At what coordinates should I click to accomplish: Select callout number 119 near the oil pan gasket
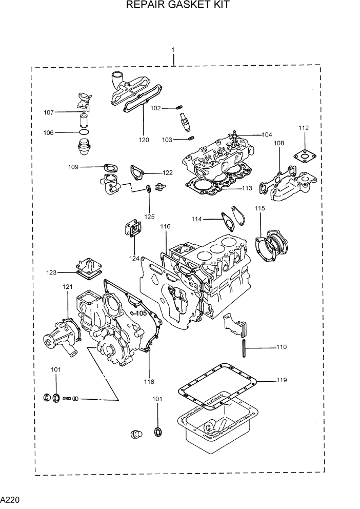(x=282, y=380)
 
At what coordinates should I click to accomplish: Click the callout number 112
(x=304, y=128)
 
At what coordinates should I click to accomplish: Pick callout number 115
(x=260, y=208)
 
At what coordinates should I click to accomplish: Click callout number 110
(x=281, y=347)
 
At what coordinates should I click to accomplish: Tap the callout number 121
(x=68, y=287)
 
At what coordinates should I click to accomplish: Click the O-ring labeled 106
(x=83, y=132)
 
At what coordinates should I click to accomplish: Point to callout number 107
(x=49, y=112)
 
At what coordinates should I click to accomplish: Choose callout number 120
(x=144, y=140)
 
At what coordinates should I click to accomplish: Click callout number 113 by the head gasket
(x=247, y=188)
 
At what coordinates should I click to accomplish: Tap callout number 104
(x=267, y=135)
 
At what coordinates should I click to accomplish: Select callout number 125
(x=149, y=217)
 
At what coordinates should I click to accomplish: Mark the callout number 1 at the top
(x=173, y=50)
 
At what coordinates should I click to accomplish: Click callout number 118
(x=149, y=381)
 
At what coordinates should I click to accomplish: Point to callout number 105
(x=141, y=313)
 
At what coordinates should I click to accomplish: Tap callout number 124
(x=134, y=258)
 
